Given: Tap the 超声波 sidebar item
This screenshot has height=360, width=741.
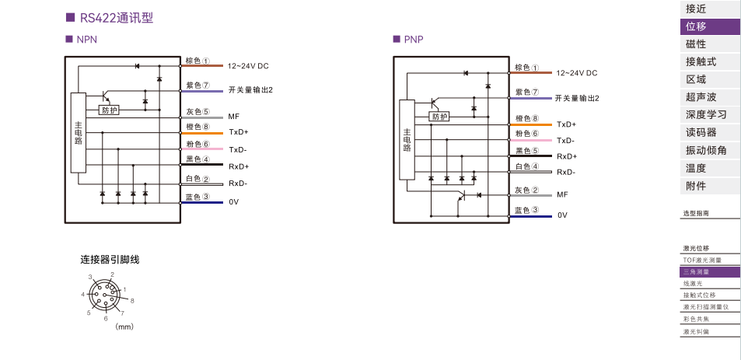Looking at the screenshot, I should coord(701,97).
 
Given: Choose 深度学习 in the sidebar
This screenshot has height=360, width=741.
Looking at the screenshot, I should coord(706,115).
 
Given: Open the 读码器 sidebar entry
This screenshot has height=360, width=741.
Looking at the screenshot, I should coord(701,132).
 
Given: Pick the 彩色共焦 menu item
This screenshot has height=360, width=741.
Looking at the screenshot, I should coord(697,319).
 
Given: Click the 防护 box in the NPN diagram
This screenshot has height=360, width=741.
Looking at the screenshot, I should coord(110,110).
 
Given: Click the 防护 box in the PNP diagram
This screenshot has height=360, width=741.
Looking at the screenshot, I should coord(439,117).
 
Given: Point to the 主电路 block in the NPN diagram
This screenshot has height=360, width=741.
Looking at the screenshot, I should coord(78,132).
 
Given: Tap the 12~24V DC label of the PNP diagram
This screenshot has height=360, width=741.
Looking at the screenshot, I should coord(576,73).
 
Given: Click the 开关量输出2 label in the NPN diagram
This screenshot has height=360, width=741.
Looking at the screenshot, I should coord(250,89).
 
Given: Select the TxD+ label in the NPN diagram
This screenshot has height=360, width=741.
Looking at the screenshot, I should coord(238,132).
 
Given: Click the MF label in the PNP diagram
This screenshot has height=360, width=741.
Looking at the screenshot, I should coord(561,194).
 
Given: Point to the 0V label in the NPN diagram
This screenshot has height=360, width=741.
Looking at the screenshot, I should coord(233,202).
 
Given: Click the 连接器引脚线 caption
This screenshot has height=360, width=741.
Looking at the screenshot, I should coord(110,259).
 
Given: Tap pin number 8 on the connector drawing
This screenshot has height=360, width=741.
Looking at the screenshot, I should coord(132,300).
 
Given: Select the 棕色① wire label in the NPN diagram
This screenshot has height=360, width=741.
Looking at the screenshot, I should coord(197,61).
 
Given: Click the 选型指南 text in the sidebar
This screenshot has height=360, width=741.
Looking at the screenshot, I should coord(696,213).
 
